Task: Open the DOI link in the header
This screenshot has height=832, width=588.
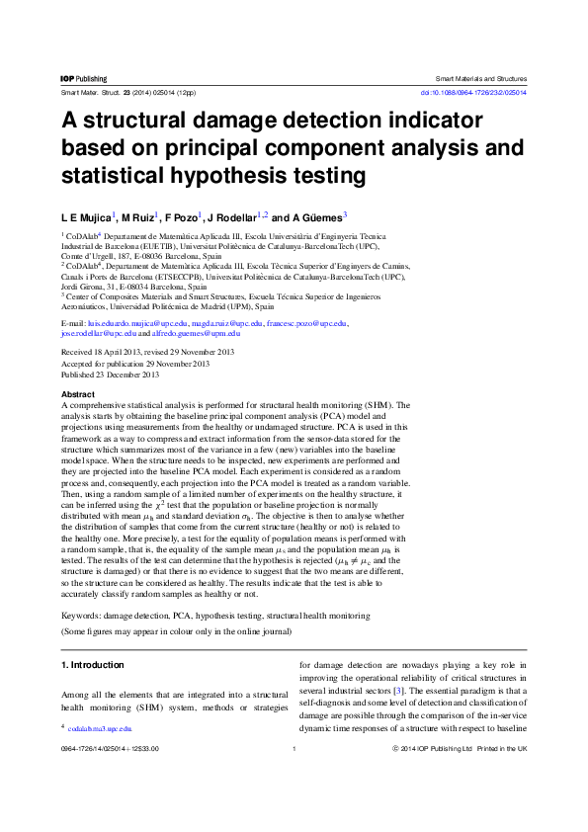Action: pyautogui.click(x=473, y=92)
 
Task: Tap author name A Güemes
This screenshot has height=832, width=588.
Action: pyautogui.click(x=318, y=216)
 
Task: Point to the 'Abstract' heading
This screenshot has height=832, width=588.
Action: pyautogui.click(x=79, y=394)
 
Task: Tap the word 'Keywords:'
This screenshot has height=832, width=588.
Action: pyautogui.click(x=82, y=615)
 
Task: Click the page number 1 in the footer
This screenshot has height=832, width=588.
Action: pyautogui.click(x=294, y=749)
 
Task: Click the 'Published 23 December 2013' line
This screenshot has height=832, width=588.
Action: pyautogui.click(x=111, y=374)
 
